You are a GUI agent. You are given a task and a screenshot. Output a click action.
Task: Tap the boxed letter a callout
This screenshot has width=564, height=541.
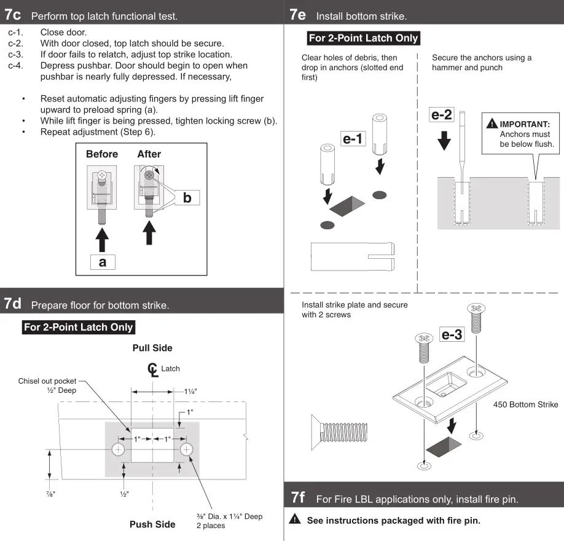click(102, 261)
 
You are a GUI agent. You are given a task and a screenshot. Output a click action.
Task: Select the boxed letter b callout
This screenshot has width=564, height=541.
click(187, 198)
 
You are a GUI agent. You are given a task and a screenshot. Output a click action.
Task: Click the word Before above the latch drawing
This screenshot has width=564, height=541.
click(102, 154)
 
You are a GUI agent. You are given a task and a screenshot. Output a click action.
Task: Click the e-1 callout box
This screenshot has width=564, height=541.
click(353, 139)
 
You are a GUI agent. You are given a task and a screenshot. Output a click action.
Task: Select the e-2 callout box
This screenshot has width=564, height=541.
click(442, 114)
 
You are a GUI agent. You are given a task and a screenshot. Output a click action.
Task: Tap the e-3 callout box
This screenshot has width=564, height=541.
click(452, 334)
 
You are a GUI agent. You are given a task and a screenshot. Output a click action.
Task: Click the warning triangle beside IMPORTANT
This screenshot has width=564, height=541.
click(492, 124)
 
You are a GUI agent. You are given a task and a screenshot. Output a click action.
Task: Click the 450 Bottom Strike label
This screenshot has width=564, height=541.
click(525, 405)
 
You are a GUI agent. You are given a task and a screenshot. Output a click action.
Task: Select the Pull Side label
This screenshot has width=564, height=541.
click(152, 348)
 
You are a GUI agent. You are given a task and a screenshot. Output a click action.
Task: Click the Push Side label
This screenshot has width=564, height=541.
click(152, 524)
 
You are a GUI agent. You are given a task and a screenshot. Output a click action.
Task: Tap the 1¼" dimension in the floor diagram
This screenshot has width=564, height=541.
click(190, 391)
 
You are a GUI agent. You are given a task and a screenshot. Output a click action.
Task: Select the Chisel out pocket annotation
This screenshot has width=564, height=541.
click(47, 385)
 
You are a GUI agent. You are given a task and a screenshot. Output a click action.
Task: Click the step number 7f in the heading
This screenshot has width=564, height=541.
click(298, 497)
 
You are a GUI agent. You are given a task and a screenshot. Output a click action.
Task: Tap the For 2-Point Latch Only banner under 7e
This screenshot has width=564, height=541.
click(363, 38)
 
